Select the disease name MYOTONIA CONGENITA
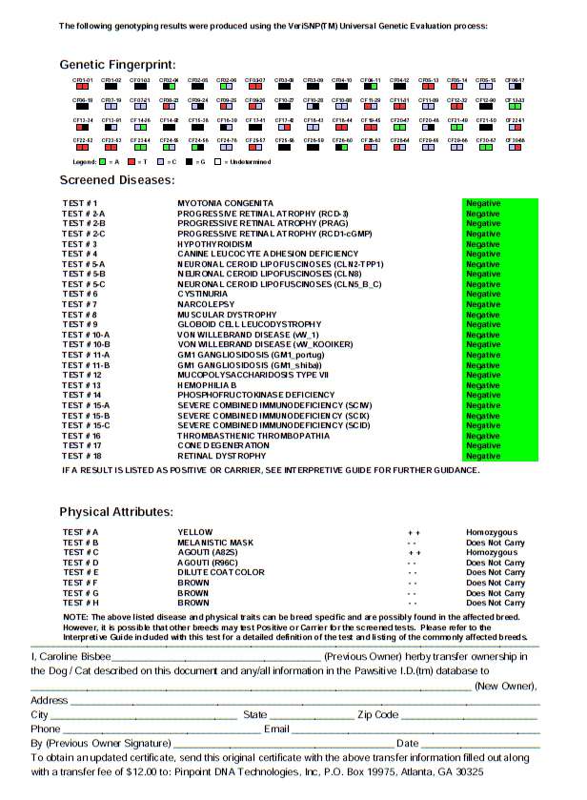[x=225, y=203]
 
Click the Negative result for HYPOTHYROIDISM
[x=483, y=244]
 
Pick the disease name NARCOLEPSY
[x=205, y=304]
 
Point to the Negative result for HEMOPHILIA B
[x=483, y=385]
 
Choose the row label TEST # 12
[x=82, y=375]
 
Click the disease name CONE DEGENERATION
[x=223, y=445]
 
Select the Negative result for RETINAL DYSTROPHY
[x=483, y=456]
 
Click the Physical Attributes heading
[x=116, y=512]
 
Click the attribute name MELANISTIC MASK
[x=215, y=543]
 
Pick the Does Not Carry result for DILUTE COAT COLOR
[x=495, y=572]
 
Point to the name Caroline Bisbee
[x=72, y=657]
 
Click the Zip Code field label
[x=377, y=714]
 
